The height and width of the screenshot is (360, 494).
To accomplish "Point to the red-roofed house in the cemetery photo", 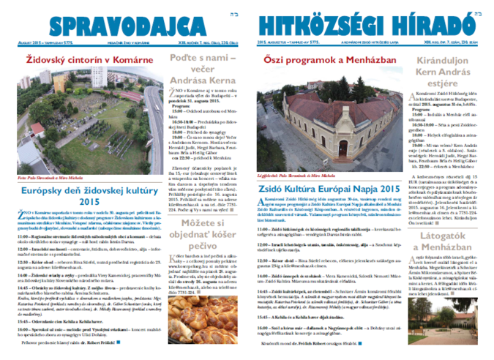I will tap(37, 129).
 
